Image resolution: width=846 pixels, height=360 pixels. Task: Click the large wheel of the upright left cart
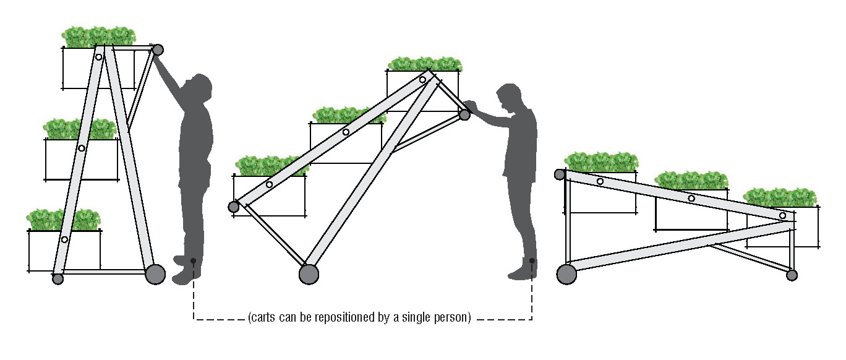coord(155,274)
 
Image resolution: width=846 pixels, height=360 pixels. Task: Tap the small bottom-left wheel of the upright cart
coord(58,279)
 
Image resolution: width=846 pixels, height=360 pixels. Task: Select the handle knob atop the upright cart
coord(158,49)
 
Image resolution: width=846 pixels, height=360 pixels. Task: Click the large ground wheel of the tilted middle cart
coord(309,274)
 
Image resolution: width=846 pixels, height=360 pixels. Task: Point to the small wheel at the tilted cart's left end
coord(233,207)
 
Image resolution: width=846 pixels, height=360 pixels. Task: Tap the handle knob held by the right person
coord(464,114)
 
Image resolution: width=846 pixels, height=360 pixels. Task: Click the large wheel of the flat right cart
coord(566,274)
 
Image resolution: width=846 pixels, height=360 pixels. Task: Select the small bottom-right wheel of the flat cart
coord(792,275)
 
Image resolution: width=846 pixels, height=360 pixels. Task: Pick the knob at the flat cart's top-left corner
coord(560,174)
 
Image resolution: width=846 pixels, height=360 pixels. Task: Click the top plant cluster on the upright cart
coord(98,37)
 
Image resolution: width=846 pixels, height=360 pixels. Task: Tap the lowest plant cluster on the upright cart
coord(64,220)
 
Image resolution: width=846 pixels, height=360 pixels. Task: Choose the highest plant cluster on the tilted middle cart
coord(425,64)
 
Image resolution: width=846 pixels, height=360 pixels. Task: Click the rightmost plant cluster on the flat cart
coord(780,197)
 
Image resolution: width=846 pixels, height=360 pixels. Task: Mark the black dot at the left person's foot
coord(193,260)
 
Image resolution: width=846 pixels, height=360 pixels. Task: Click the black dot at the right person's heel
coord(532,260)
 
